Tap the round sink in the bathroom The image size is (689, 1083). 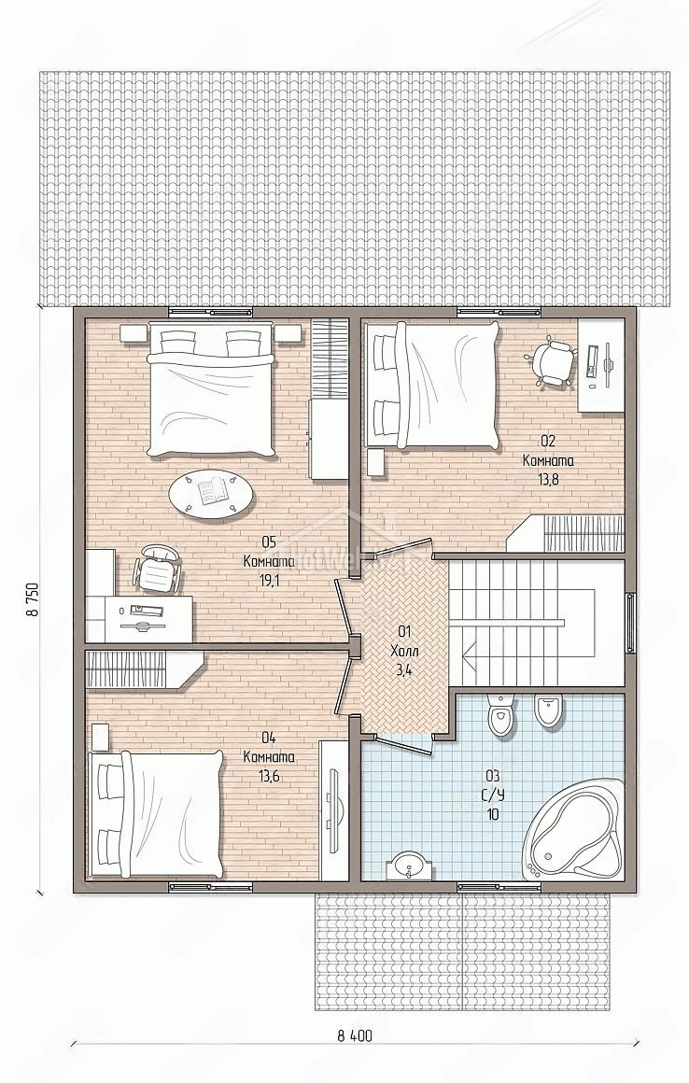pos(412,866)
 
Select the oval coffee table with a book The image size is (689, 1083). pos(212,493)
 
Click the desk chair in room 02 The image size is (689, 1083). pos(550,359)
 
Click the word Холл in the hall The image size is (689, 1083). pos(404,652)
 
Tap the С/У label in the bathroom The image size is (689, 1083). pos(492,795)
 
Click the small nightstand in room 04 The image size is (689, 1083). pos(99,737)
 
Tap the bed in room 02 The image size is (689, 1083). pos(433,385)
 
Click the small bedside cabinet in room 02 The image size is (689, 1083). pos(377,462)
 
